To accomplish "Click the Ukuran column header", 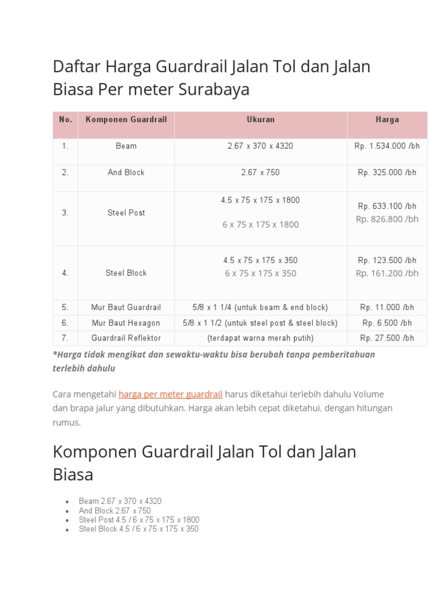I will click(260, 119).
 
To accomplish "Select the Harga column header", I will click(387, 119).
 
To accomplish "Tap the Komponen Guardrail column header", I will click(126, 119).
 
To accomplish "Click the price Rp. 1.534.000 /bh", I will click(387, 146).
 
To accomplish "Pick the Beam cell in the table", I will click(126, 146).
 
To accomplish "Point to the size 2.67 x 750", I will click(260, 172).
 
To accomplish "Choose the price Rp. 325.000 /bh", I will click(387, 172).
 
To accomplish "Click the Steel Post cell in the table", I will click(126, 213).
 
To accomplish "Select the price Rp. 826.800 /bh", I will click(387, 219).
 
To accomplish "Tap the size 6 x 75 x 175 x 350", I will click(260, 274).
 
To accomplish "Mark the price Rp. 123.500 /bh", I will click(387, 260).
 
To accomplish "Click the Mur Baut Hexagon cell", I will click(126, 323).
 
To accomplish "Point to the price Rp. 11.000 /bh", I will click(387, 307).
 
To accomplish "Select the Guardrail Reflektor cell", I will click(126, 338).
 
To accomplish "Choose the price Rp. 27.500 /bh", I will click(387, 338).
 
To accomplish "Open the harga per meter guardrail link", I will click(170, 394).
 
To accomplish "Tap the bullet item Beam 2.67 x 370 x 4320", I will click(120, 501).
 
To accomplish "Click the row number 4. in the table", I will click(65, 273).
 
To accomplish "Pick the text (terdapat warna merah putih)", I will click(260, 338).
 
